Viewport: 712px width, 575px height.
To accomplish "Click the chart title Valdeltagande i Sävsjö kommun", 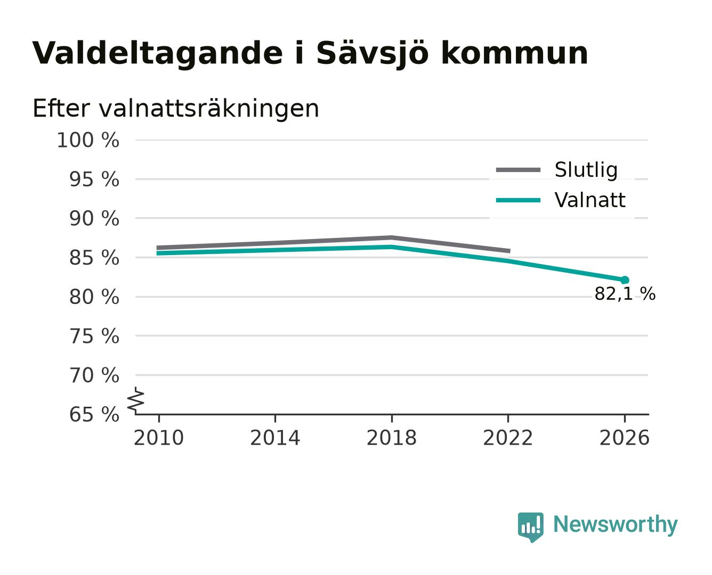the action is coord(310,53).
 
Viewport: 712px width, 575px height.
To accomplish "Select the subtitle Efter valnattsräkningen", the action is coord(176,109).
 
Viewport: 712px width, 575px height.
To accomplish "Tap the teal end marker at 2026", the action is coord(625,280).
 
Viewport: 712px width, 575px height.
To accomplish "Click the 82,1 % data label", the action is coord(625,294).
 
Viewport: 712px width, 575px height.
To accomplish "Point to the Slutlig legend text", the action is coord(586,170).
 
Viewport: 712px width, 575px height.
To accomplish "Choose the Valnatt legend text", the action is coord(589,200).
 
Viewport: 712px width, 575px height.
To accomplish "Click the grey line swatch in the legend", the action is coord(518,170).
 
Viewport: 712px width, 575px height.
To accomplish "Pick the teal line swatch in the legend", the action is coord(518,200).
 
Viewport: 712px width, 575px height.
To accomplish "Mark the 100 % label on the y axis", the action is coord(88,140).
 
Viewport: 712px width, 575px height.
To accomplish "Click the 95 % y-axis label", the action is coord(94,179).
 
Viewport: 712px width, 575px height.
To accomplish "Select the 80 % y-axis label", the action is coord(94,297).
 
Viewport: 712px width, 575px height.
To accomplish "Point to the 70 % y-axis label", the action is coord(94,375).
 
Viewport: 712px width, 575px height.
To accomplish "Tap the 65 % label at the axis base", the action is coord(94,414).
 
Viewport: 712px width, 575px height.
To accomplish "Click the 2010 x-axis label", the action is coord(159,438).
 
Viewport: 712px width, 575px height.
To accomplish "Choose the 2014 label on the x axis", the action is coord(275,438).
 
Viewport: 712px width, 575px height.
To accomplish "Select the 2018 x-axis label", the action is coord(391,438).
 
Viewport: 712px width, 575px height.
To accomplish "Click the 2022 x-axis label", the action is coord(508,438).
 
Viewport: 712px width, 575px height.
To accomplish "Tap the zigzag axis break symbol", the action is coord(136,401).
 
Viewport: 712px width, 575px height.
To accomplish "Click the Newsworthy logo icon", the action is coord(530,527).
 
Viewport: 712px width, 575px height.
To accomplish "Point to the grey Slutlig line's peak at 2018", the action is coord(391,238).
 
